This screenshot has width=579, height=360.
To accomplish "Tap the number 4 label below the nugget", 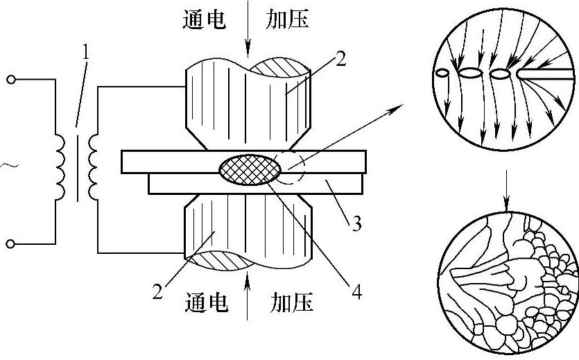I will tap(356, 292).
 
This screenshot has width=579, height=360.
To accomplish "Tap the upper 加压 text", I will tap(287, 20).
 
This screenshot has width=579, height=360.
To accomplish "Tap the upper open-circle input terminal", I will tap(10, 80).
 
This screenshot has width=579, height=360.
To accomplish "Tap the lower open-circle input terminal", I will tap(10, 243).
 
